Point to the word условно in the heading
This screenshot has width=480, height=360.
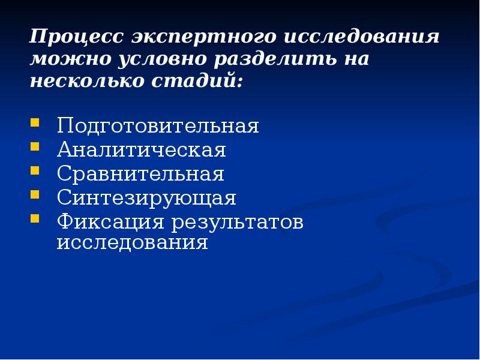tap(153, 59)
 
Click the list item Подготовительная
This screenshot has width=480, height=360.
tap(158, 127)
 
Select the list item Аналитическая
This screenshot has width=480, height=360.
tap(142, 151)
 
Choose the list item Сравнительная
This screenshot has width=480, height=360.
tap(140, 175)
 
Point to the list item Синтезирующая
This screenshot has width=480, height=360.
tap(146, 198)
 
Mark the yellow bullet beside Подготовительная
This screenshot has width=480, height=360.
tap(35, 124)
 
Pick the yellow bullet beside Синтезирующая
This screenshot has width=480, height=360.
tap(35, 196)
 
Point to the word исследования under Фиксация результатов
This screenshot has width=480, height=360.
tap(132, 243)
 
